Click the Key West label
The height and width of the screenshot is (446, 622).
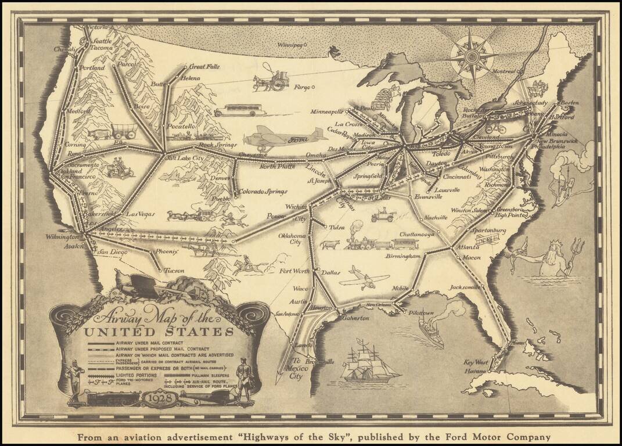pos(476,362)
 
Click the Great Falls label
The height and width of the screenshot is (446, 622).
pos(203,67)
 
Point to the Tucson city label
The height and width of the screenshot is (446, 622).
pos(174,271)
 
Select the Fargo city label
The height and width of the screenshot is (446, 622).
pos(302,88)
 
